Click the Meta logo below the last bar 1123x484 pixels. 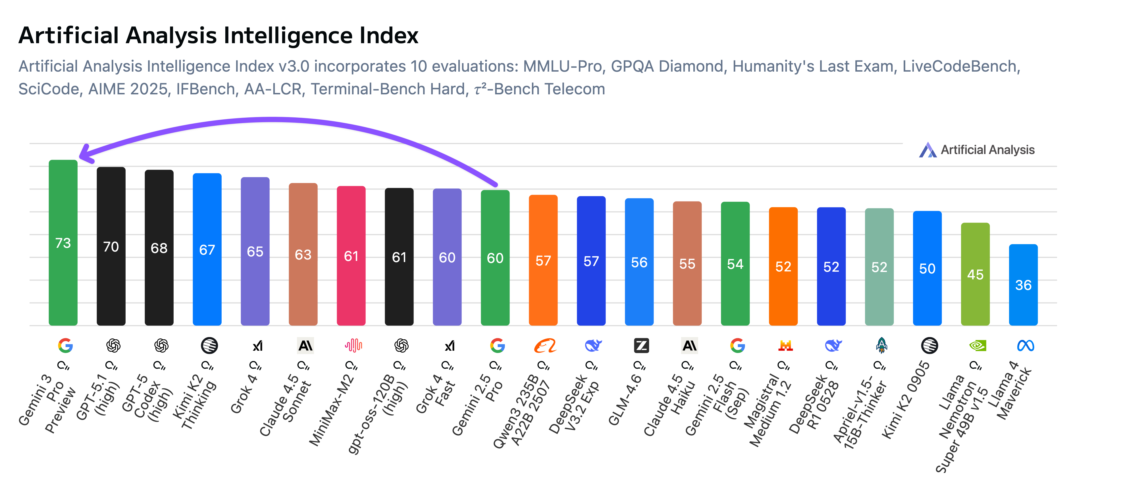(1025, 346)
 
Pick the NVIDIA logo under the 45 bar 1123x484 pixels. (977, 346)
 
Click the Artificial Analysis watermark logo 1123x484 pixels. (927, 150)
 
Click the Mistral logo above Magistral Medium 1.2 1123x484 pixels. (785, 346)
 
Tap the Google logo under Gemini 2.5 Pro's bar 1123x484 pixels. (497, 346)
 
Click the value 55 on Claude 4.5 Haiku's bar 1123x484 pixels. (687, 264)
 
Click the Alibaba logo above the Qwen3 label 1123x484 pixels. (545, 346)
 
